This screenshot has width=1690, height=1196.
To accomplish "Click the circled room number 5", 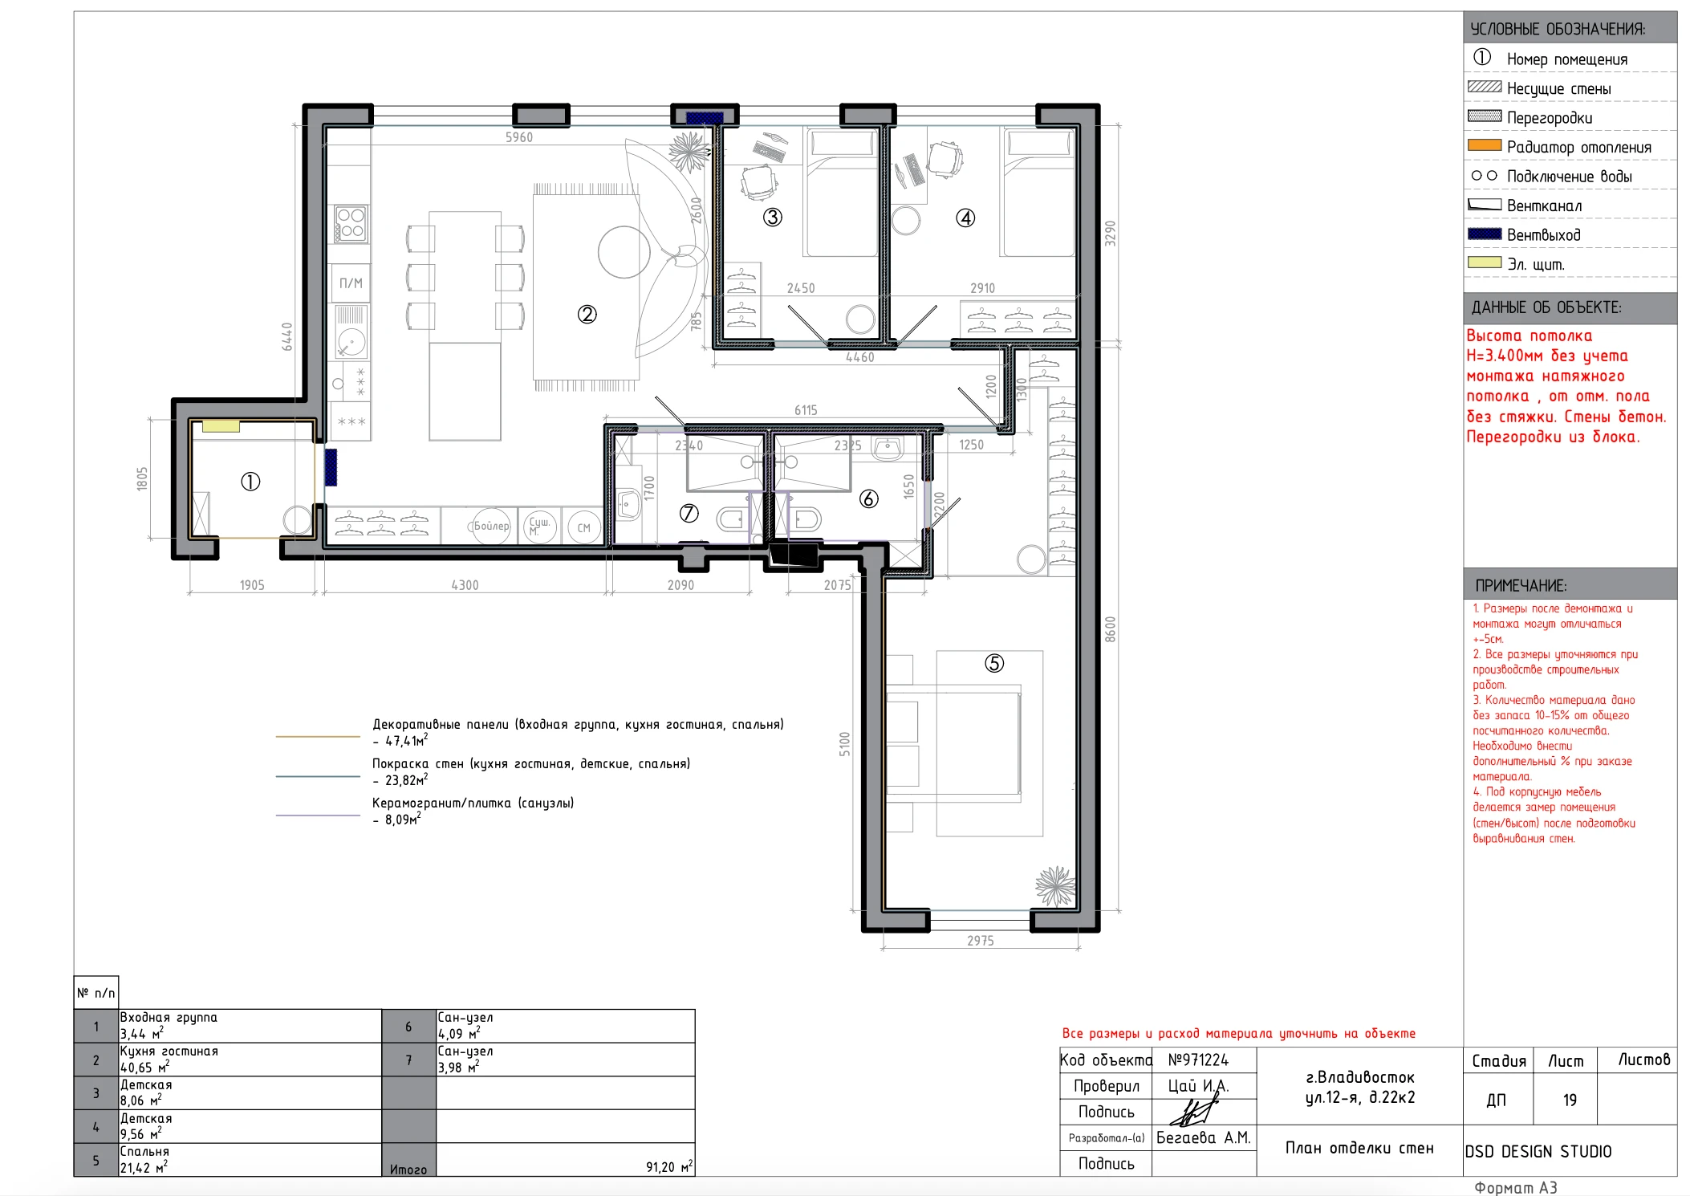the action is [994, 663].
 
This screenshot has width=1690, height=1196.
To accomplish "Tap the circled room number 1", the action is [250, 482].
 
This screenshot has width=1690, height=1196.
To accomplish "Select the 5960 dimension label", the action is [519, 137].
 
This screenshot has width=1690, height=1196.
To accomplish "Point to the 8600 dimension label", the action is [1111, 629].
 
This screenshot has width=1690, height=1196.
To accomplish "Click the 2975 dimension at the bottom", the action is [981, 941].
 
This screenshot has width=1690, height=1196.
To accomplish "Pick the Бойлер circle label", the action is [491, 527].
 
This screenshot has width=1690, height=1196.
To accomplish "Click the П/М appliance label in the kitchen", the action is [351, 283].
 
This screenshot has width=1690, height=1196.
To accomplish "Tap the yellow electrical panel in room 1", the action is [221, 426].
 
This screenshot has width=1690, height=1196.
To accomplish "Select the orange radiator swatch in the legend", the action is [1485, 145].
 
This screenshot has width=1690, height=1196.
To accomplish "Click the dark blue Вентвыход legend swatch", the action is [1485, 234].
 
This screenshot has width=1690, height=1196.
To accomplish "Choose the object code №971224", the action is [1198, 1060].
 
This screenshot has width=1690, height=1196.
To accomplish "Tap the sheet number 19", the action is [1570, 1100].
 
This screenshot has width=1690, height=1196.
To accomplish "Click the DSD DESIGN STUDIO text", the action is [1538, 1152].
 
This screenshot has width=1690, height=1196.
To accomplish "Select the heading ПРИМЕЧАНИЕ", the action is [1521, 586].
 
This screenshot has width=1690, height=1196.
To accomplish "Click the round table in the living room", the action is [624, 252].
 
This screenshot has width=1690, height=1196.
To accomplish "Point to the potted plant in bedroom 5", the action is [1054, 886].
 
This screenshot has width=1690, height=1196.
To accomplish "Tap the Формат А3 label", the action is [1516, 1187].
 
